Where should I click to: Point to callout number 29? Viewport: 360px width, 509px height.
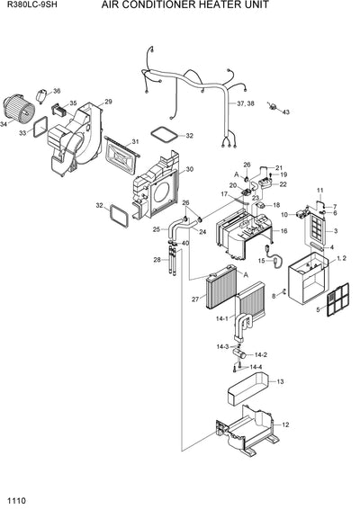coord(108,102)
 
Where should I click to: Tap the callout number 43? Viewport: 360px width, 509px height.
coord(261,113)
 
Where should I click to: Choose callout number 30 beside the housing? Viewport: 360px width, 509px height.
coord(189,170)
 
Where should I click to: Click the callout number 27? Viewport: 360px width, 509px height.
coord(194,299)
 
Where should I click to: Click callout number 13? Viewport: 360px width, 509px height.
coord(280,382)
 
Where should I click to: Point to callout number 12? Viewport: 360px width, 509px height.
coord(286,424)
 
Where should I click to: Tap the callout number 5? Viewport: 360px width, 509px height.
coord(316,308)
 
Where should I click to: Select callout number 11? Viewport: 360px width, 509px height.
coord(319,191)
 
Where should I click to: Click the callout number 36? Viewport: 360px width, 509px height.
coord(57,92)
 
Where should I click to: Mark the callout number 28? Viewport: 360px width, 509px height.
coord(157,260)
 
